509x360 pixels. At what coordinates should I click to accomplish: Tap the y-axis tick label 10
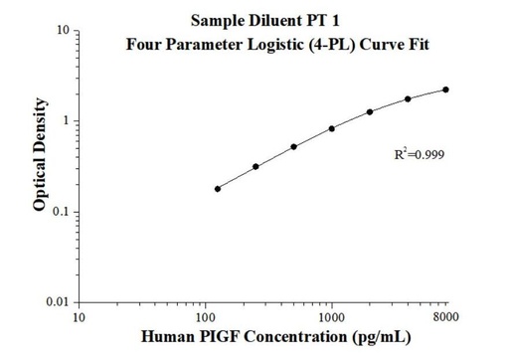[x=64, y=31]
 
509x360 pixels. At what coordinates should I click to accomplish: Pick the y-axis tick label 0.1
[x=62, y=212]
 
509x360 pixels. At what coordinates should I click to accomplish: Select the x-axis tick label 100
[x=206, y=317]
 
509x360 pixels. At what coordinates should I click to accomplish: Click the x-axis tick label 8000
[x=445, y=317]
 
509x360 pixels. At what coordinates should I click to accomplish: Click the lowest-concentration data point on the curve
[x=218, y=188]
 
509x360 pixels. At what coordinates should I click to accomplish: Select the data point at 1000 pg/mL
[x=332, y=128]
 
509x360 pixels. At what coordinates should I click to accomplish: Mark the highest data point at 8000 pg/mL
[x=445, y=90]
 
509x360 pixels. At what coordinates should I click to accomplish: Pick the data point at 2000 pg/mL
[x=370, y=111]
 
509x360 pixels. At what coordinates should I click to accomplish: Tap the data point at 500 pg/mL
[x=293, y=147]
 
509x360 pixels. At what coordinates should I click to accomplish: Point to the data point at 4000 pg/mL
[x=408, y=98]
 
